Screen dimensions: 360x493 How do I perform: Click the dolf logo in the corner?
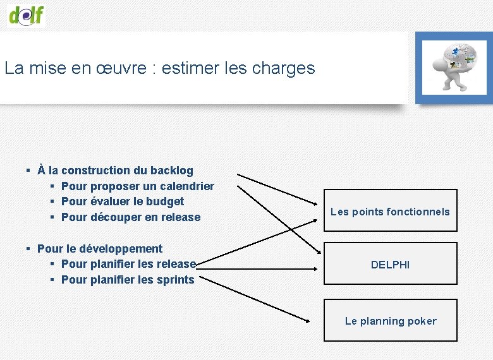click(27, 14)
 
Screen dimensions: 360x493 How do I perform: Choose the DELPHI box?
click(390, 265)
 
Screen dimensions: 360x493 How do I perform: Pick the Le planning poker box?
click(390, 321)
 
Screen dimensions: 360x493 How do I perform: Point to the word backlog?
click(172, 171)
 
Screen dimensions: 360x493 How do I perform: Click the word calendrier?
click(187, 186)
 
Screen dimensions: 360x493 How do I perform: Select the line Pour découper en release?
click(130, 217)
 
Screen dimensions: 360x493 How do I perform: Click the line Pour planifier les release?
click(128, 264)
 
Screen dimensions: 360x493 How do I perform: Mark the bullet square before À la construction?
click(29, 171)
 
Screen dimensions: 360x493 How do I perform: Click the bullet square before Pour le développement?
click(29, 249)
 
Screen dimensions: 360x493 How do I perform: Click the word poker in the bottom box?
click(422, 321)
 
